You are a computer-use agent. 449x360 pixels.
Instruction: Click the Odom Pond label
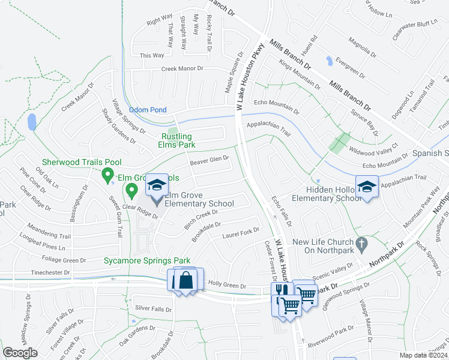(148, 110)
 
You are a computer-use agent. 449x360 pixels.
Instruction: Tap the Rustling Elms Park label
(176, 140)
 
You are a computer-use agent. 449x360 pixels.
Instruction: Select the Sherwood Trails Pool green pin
(108, 176)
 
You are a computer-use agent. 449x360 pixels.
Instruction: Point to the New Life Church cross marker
(360, 244)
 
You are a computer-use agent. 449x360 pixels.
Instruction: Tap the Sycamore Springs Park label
(147, 260)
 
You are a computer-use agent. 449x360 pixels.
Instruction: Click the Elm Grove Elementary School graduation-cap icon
(157, 185)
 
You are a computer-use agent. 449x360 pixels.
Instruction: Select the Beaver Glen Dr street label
(209, 160)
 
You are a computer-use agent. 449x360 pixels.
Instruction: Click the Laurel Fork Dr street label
(240, 232)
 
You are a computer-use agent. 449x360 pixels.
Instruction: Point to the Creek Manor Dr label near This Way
(182, 69)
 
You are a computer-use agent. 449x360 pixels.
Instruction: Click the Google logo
(20, 352)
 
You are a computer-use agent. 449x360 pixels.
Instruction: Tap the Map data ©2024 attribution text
(424, 355)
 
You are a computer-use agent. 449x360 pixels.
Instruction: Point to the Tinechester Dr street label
(52, 272)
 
